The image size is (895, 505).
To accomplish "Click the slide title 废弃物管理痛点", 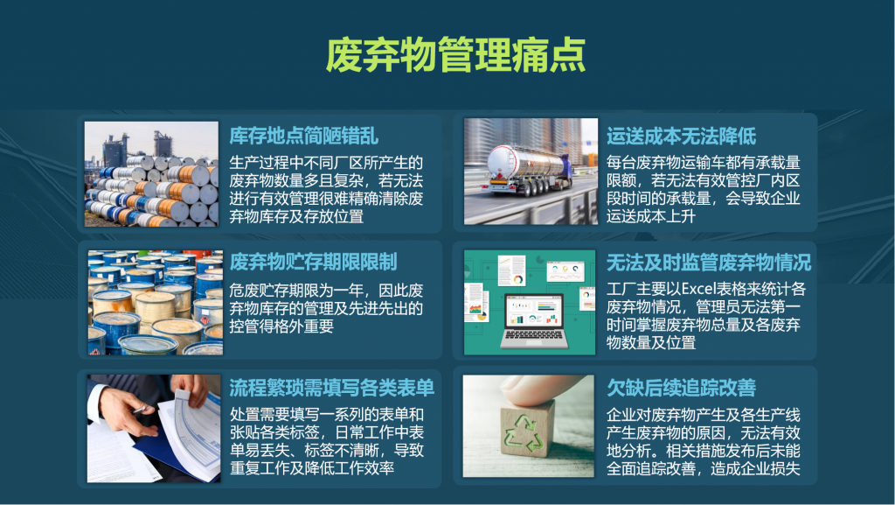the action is click(x=455, y=55).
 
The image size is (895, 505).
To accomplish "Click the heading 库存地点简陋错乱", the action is click(x=303, y=136).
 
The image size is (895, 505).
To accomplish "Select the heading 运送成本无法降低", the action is click(x=681, y=136).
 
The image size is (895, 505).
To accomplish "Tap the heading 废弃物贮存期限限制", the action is click(x=314, y=263).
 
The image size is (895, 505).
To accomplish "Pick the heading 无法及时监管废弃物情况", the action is click(x=708, y=263).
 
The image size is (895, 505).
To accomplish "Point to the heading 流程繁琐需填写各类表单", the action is click(x=331, y=388).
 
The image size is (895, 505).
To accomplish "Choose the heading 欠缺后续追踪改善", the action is click(x=681, y=388).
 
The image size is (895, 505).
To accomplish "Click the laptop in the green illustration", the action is click(x=534, y=321).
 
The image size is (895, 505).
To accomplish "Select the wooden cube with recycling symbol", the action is click(x=527, y=429).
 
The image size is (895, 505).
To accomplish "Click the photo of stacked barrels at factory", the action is click(x=151, y=173).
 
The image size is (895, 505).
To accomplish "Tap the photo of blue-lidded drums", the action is click(x=156, y=302).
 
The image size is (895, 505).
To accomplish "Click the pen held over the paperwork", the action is click(x=139, y=410).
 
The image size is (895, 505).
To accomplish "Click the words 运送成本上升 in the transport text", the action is click(x=650, y=216).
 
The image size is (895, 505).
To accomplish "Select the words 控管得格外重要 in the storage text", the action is click(x=281, y=326).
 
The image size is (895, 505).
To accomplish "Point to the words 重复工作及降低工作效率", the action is click(x=312, y=468).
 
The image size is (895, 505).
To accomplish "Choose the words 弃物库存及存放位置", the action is click(x=296, y=216).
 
